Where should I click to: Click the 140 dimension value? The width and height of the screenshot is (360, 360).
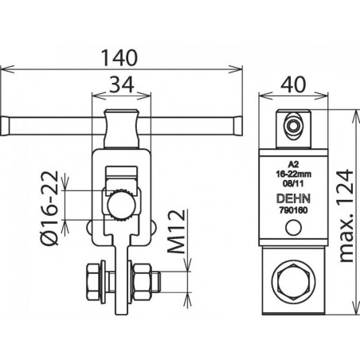tap(119, 58)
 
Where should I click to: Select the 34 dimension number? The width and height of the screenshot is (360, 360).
tap(122, 85)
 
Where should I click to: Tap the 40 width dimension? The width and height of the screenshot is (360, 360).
tap(293, 84)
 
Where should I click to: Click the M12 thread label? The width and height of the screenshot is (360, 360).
tap(176, 232)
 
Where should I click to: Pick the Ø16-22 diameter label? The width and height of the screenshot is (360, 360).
tap(49, 208)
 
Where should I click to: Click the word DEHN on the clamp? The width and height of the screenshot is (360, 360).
tap(293, 198)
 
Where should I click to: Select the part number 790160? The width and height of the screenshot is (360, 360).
tap(293, 210)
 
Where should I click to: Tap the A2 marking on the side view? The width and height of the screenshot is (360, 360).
tap(293, 164)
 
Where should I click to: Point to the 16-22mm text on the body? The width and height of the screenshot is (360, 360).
tap(293, 174)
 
